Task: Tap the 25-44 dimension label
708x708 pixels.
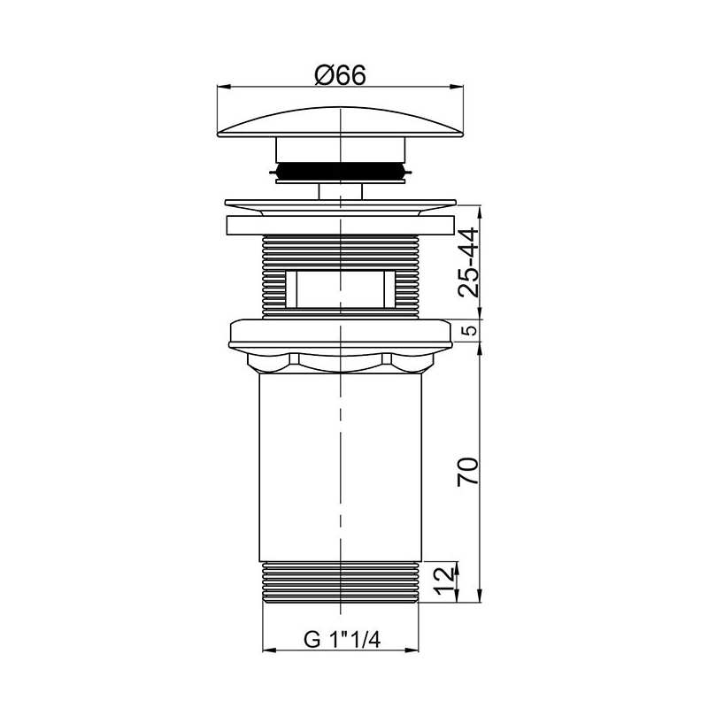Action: click(x=468, y=262)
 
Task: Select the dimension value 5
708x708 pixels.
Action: click(x=471, y=330)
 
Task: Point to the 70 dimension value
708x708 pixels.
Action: click(x=468, y=472)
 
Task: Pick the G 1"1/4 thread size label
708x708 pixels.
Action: click(x=342, y=639)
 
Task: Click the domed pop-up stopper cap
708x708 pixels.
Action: click(x=341, y=122)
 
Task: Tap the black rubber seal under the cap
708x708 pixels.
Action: click(x=341, y=170)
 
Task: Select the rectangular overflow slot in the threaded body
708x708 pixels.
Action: click(x=341, y=289)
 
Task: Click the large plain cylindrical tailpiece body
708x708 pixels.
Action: click(x=341, y=467)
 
